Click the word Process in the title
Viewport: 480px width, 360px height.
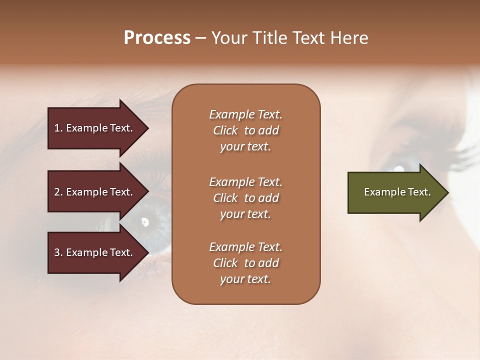(157, 37)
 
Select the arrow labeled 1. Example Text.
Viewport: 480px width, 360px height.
(95, 128)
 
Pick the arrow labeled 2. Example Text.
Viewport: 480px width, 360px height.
(95, 192)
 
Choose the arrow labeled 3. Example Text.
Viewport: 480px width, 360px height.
(95, 252)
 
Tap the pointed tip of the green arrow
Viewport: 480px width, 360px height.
(447, 192)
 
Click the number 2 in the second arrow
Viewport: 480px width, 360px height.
(57, 192)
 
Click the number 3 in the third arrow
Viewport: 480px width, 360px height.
(57, 252)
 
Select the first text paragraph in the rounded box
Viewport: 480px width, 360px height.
(245, 130)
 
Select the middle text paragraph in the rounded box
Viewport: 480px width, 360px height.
(245, 198)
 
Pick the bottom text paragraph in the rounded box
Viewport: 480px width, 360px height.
(245, 263)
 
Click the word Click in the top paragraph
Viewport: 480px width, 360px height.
(225, 130)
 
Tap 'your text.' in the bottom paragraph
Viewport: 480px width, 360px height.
(245, 279)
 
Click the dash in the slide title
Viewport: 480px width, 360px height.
(201, 38)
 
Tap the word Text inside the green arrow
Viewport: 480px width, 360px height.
(419, 192)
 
